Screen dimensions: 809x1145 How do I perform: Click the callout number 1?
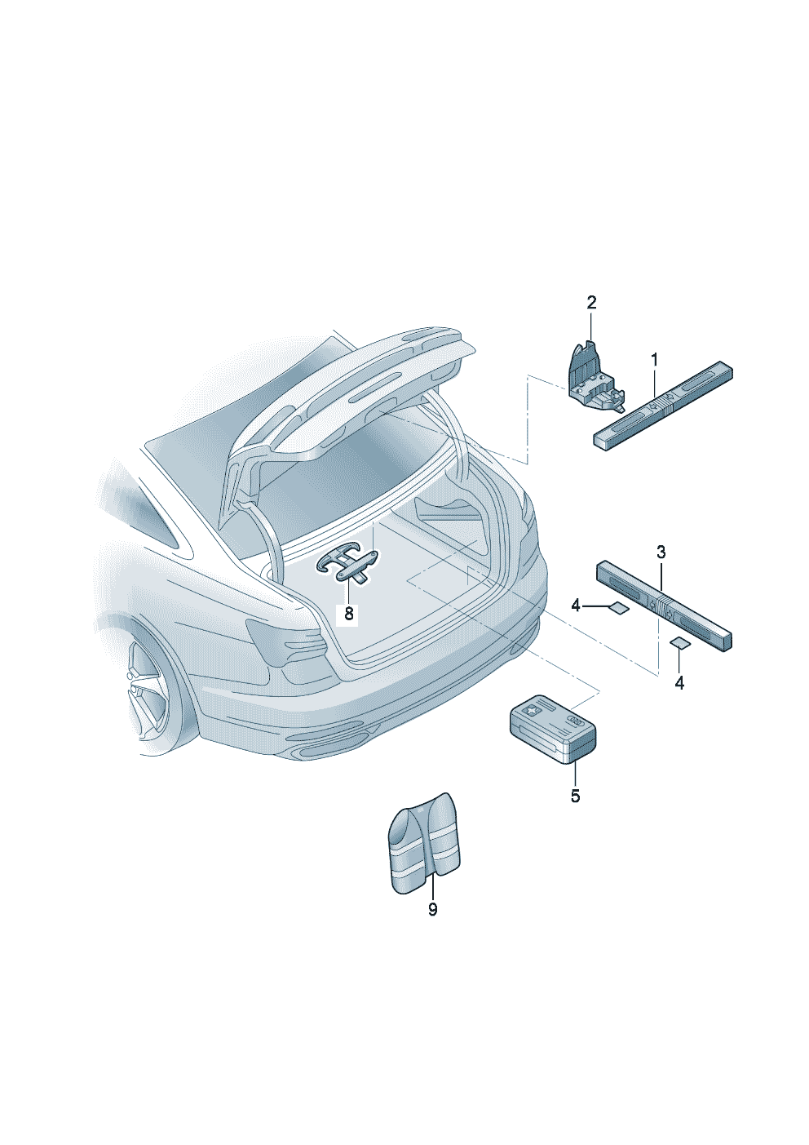(654, 361)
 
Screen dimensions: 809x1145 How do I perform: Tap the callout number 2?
(591, 303)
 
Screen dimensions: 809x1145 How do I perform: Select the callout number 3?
(661, 552)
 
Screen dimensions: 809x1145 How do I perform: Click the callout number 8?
(349, 614)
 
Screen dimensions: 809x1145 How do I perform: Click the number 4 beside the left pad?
(576, 606)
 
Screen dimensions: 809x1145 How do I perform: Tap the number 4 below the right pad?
(679, 683)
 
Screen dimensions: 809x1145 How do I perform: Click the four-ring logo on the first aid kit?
(575, 721)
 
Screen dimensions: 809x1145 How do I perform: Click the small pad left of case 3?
(617, 607)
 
